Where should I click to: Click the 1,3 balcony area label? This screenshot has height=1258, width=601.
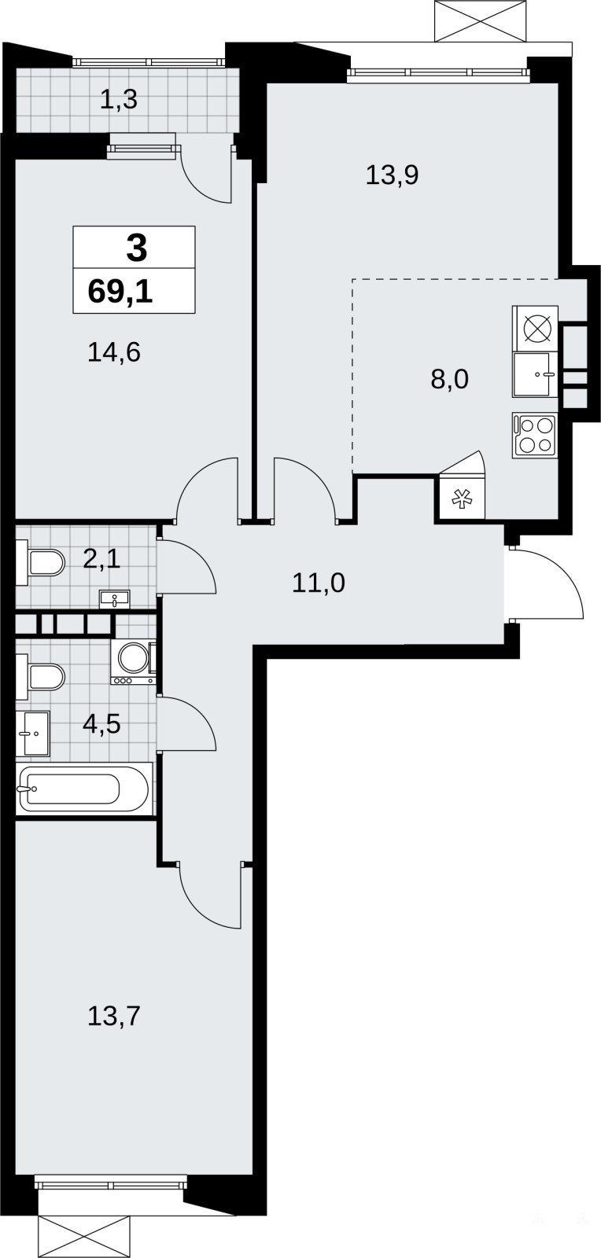119,101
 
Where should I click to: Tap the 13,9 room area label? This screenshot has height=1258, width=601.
392,176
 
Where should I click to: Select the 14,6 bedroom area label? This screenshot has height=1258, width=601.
114,353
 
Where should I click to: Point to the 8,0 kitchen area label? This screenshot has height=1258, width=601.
449,380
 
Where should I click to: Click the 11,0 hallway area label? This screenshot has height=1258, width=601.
319,583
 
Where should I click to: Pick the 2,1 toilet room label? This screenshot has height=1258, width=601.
101,559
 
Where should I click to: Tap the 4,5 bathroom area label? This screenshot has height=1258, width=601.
101,724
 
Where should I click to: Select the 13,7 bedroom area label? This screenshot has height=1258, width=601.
114,1016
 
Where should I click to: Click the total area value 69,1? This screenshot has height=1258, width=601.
120,292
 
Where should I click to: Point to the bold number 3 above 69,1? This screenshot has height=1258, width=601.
137,248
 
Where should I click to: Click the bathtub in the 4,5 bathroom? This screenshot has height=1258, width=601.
84,789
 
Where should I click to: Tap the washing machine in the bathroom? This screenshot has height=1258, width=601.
134,662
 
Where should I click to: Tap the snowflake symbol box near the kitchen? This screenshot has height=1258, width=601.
462,498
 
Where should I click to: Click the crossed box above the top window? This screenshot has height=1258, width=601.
482,20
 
